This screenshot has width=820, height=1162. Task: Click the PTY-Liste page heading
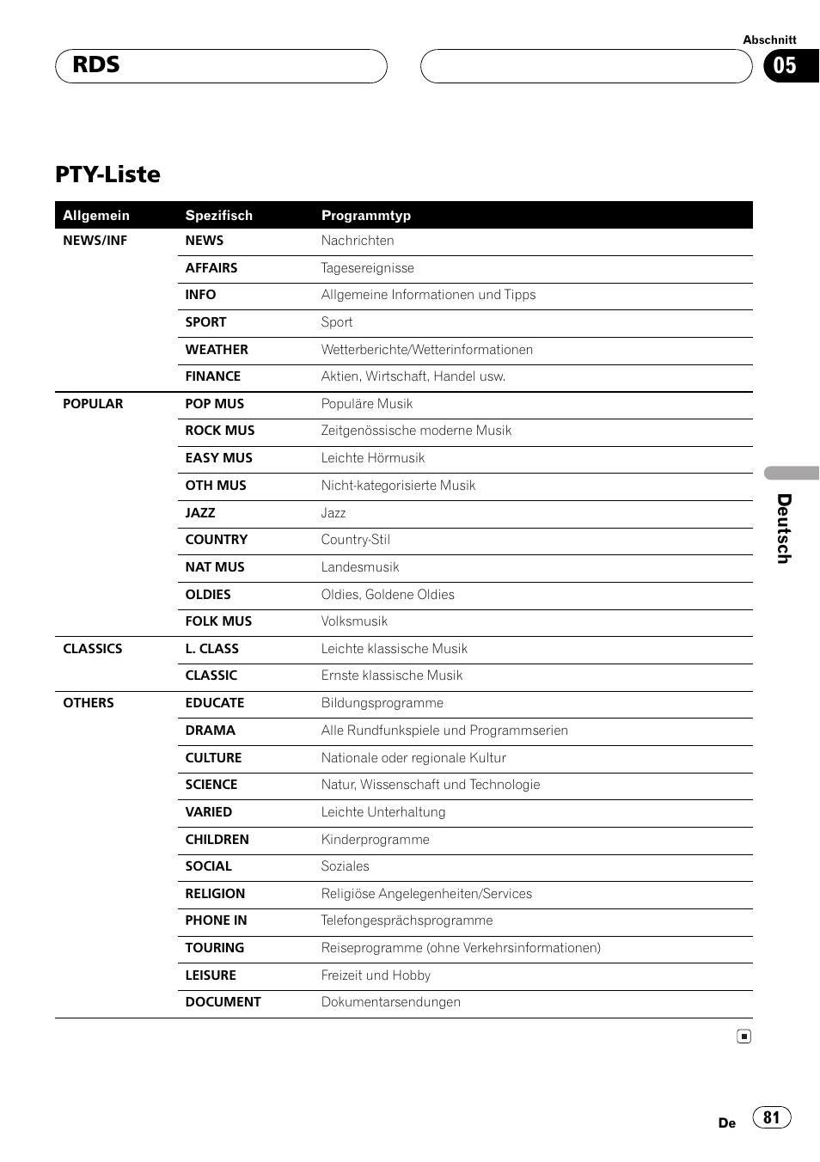[107, 174]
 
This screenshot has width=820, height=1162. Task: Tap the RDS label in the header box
[96, 65]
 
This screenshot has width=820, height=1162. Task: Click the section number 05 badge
[785, 66]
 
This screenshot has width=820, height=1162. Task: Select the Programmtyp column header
[366, 216]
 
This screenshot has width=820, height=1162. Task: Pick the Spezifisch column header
[219, 216]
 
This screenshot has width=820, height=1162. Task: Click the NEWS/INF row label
[95, 241]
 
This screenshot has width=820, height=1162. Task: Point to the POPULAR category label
[93, 404]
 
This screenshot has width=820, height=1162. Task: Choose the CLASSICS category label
[93, 649]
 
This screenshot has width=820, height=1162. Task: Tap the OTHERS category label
[89, 703]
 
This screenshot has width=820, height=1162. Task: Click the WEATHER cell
[217, 350]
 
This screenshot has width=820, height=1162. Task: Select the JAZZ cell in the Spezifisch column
[200, 513]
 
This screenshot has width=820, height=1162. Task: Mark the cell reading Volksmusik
[354, 621]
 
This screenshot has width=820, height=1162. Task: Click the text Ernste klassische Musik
[392, 676]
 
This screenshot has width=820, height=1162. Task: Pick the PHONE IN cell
[217, 920]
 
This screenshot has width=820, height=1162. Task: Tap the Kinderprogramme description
[376, 840]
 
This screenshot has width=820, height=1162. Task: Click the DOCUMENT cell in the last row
[223, 1002]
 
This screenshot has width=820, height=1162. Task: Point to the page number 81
[772, 1117]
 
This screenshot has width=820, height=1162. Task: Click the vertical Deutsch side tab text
[783, 529]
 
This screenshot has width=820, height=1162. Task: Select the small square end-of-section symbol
[744, 1037]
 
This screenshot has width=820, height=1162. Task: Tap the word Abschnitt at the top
[769, 40]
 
